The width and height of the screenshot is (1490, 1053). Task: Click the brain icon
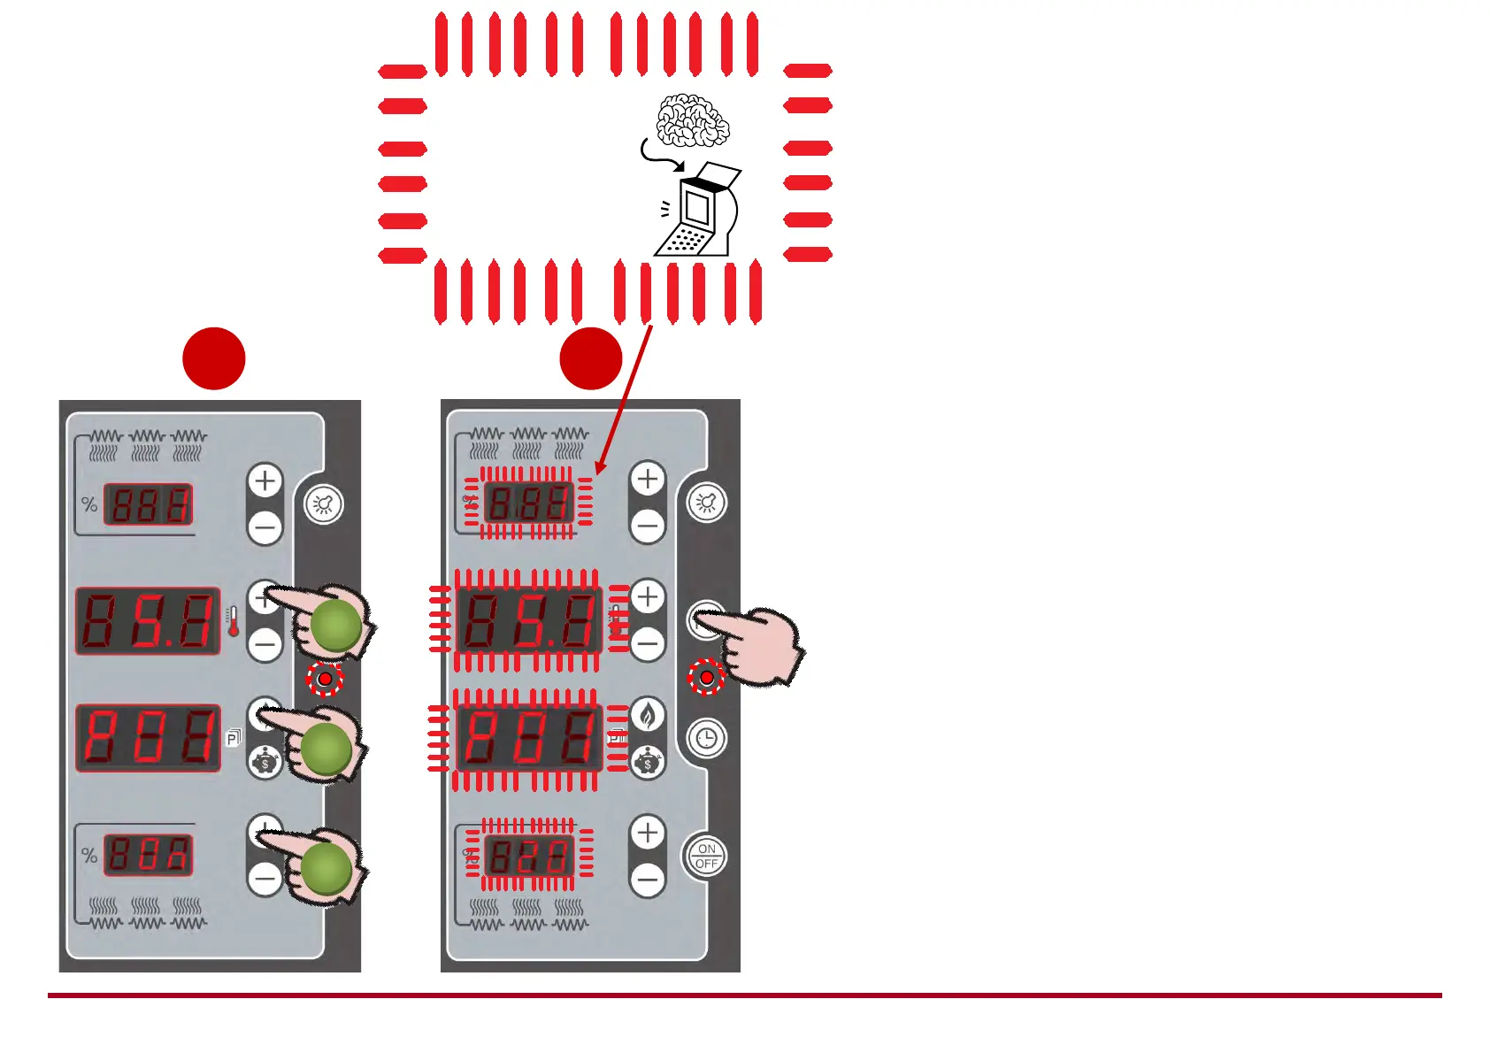click(x=693, y=120)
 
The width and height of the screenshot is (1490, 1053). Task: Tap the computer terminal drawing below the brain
click(x=697, y=212)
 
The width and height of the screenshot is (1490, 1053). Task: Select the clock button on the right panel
click(x=706, y=738)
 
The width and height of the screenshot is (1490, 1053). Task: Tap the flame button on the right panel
click(x=648, y=714)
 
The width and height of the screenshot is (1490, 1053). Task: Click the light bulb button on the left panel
click(x=324, y=504)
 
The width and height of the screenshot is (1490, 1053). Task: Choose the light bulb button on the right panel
click(x=706, y=503)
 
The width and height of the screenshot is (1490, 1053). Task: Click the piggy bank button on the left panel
click(x=265, y=762)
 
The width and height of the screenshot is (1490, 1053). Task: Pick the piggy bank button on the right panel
click(x=648, y=762)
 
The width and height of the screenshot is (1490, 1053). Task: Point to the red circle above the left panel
click(x=214, y=358)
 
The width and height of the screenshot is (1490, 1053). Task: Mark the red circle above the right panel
click(x=591, y=358)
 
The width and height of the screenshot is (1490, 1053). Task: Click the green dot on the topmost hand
click(x=336, y=625)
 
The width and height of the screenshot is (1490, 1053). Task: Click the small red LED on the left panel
click(x=325, y=679)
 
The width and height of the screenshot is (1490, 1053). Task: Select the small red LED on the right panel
click(x=707, y=678)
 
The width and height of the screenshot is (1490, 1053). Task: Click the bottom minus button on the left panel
click(x=265, y=879)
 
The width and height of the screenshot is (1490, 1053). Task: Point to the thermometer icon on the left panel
click(x=233, y=622)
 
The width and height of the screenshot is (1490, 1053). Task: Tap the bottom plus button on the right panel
click(x=648, y=833)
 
